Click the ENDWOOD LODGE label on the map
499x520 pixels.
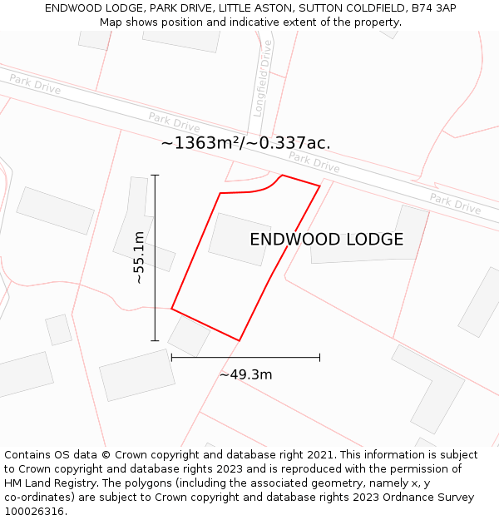point(326,240)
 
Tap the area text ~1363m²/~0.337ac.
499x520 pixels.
point(245,143)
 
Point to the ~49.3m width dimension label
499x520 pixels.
point(245,374)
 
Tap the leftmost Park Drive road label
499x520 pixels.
point(35,84)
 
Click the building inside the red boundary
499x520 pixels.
point(240,239)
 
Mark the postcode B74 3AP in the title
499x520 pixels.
point(432,7)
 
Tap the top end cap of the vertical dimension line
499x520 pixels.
point(155,176)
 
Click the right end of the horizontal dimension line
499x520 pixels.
point(319,358)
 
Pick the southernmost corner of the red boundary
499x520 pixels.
point(240,340)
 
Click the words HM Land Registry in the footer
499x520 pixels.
point(48,483)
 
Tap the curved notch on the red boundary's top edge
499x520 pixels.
point(272,185)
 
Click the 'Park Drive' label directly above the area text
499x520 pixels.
point(174,121)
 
